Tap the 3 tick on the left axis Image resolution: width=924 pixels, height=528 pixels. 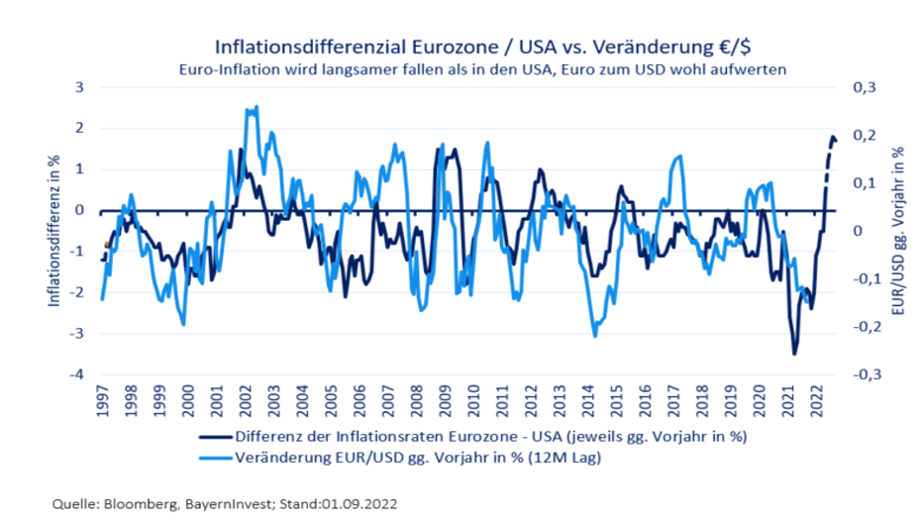82,87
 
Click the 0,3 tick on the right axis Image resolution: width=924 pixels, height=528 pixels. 864,87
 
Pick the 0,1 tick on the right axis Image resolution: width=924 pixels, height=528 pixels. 864,183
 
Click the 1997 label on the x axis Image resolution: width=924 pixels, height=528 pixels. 103,399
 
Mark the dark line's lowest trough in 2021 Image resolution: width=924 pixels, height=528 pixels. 794,354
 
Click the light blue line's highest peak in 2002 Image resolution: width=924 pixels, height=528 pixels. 257,107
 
